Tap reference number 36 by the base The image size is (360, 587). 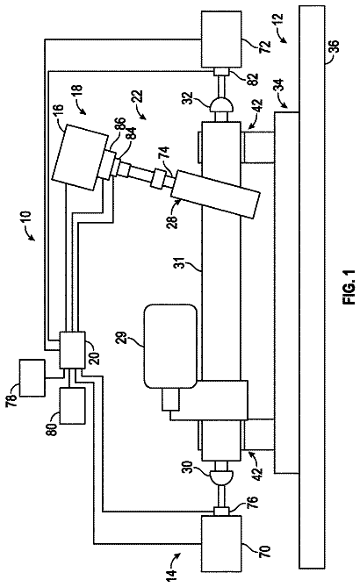pyautogui.click(x=334, y=47)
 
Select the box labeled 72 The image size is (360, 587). pyautogui.click(x=221, y=39)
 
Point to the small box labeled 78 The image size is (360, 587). pyautogui.click(x=32, y=377)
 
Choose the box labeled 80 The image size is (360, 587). pyautogui.click(x=72, y=405)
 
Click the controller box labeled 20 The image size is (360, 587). pyautogui.click(x=72, y=350)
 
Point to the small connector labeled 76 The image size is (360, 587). pyautogui.click(x=221, y=511)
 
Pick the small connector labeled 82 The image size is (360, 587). pyautogui.click(x=221, y=71)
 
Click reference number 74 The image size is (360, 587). pyautogui.click(x=165, y=154)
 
